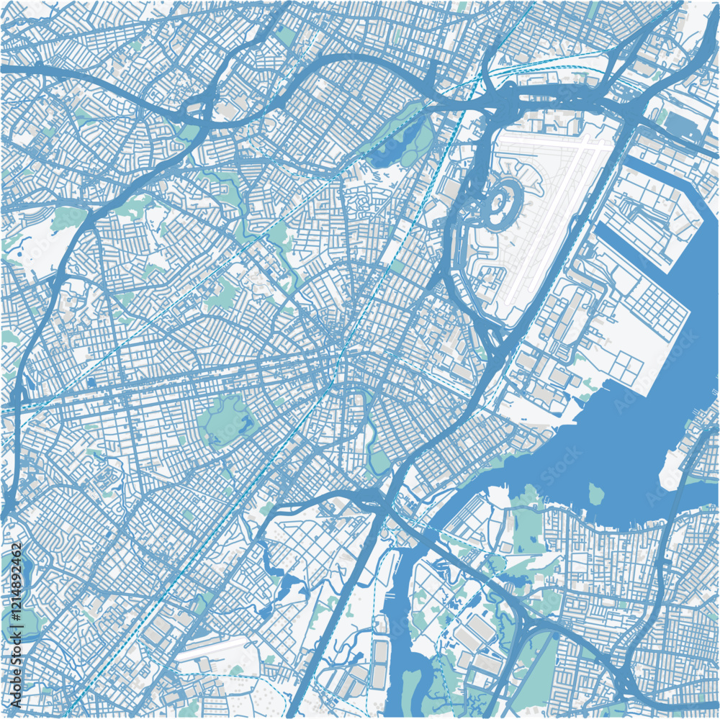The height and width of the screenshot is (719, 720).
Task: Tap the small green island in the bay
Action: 595,494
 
